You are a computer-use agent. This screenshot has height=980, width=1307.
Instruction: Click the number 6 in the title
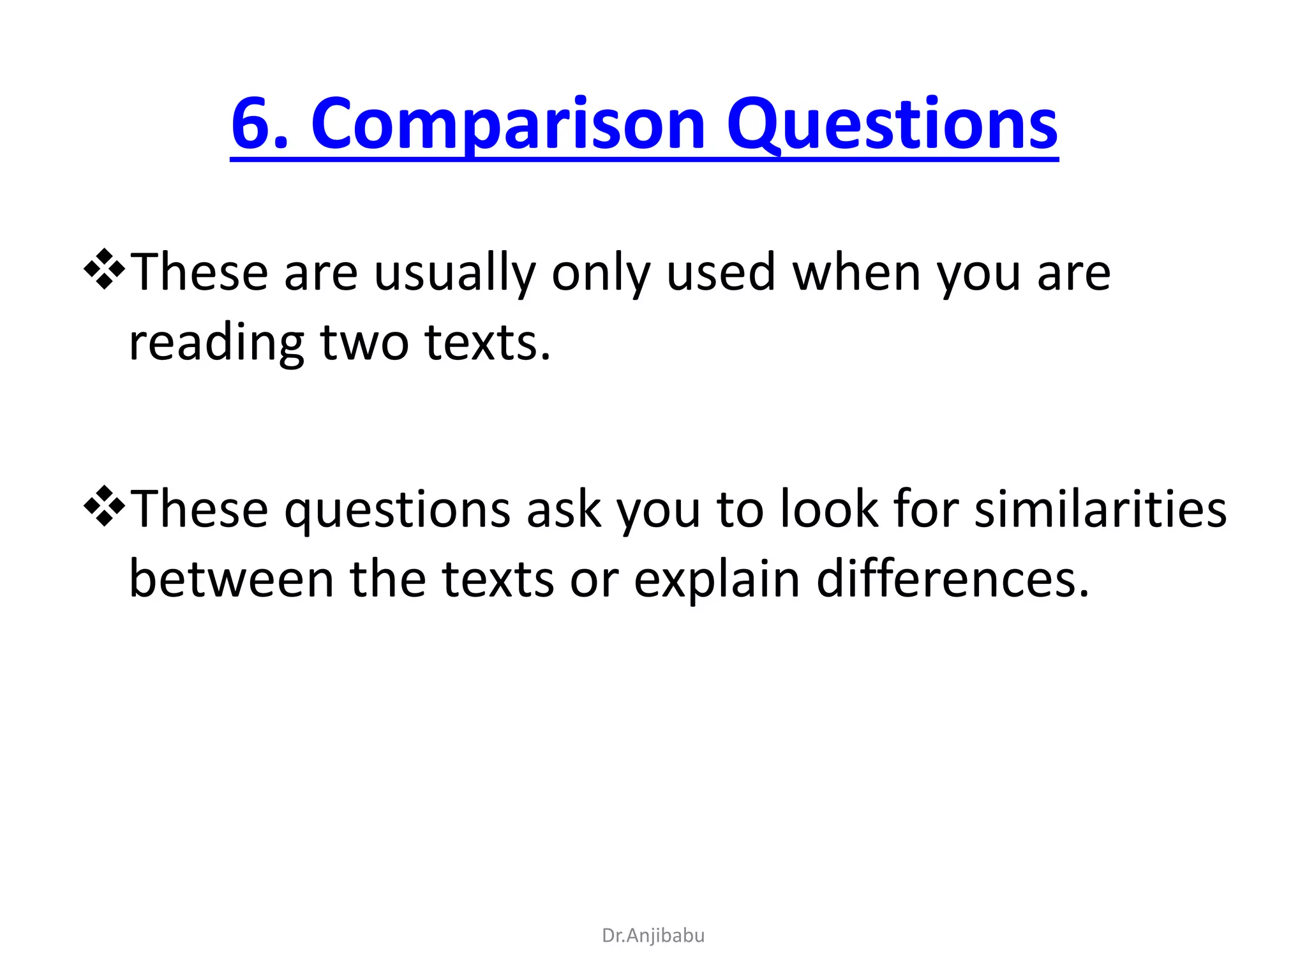pyautogui.click(x=253, y=124)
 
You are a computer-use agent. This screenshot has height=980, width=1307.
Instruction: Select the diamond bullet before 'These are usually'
pyautogui.click(x=104, y=269)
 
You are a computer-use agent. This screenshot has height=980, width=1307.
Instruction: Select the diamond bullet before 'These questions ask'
pyautogui.click(x=104, y=506)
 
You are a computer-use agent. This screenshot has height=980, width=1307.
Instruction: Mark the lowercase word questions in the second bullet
pyautogui.click(x=397, y=510)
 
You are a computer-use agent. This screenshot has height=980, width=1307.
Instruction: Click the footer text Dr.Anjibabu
pyautogui.click(x=653, y=935)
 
